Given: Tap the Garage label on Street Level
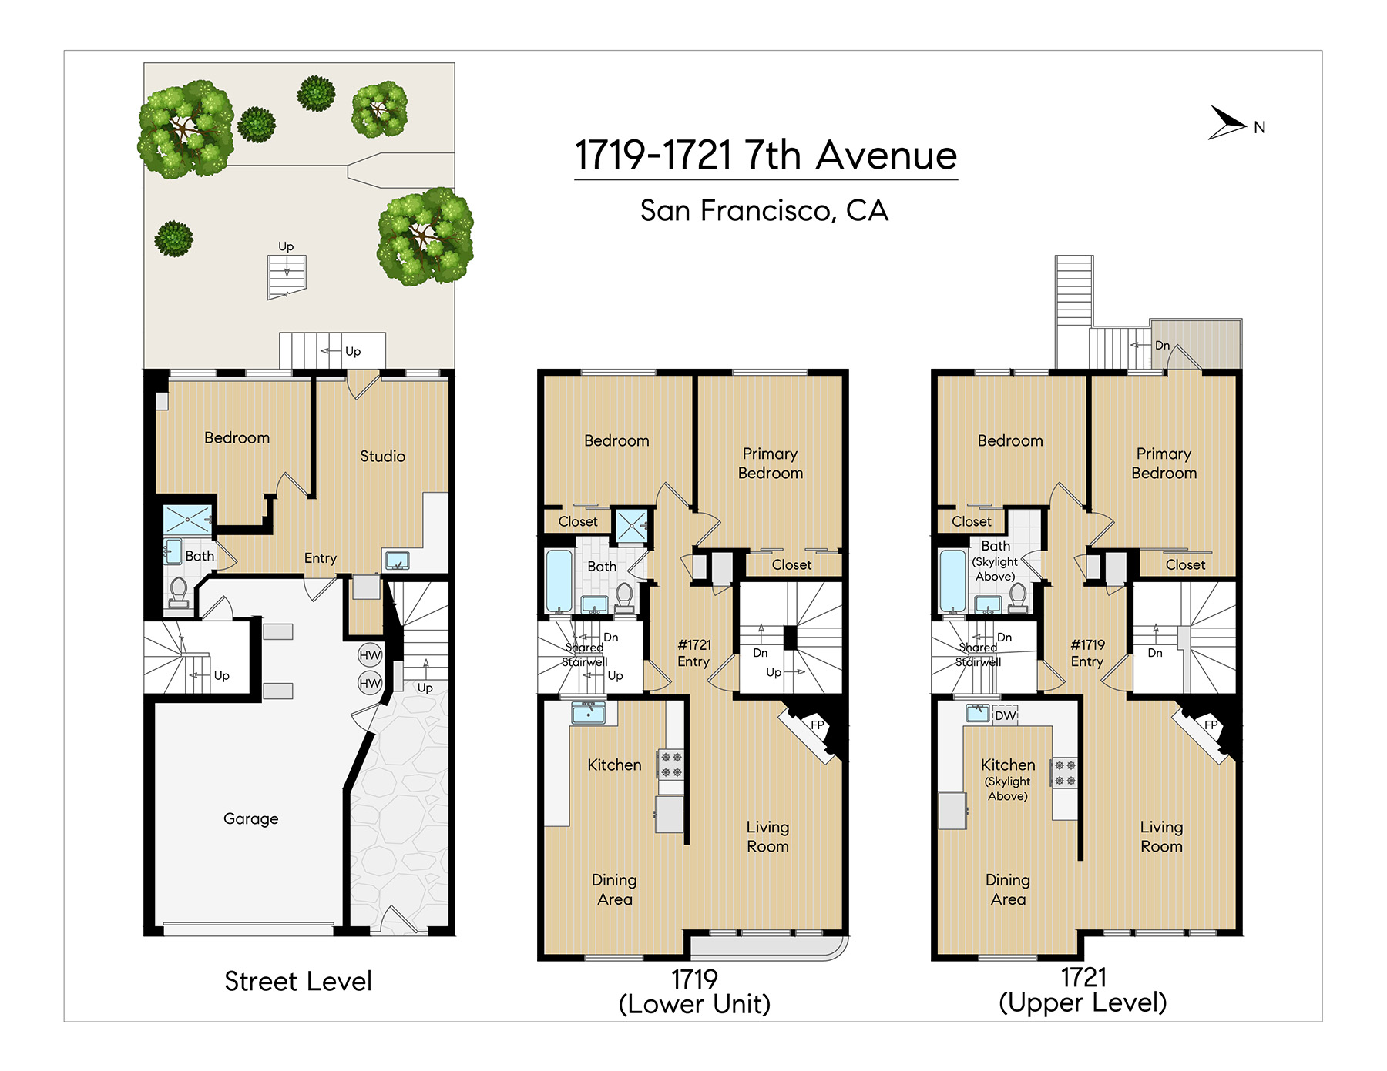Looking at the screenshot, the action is tap(250, 818).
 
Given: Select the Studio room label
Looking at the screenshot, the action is tap(382, 456).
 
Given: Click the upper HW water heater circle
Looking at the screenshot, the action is tap(370, 655).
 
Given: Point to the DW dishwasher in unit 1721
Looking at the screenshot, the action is tap(1005, 715).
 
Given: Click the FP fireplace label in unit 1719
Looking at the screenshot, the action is tap(818, 725).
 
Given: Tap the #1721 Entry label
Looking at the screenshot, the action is tap(693, 653).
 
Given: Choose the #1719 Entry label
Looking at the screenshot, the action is tap(1087, 653).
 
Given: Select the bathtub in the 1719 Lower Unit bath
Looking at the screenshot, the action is tap(559, 581).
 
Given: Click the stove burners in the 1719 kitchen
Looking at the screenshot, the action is tap(670, 765).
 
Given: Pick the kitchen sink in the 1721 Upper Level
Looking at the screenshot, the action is tap(978, 713).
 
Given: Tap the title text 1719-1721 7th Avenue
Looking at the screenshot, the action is tap(766, 155).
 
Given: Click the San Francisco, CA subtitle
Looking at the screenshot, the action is tap(764, 210).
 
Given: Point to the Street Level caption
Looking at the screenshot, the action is tap(298, 981).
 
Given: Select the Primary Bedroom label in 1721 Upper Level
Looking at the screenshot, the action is tap(1164, 463).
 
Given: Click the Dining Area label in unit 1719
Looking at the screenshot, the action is tap(614, 889).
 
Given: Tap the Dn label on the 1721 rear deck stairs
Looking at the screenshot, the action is tap(1162, 346).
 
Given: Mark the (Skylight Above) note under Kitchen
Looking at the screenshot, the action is tap(1008, 788).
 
